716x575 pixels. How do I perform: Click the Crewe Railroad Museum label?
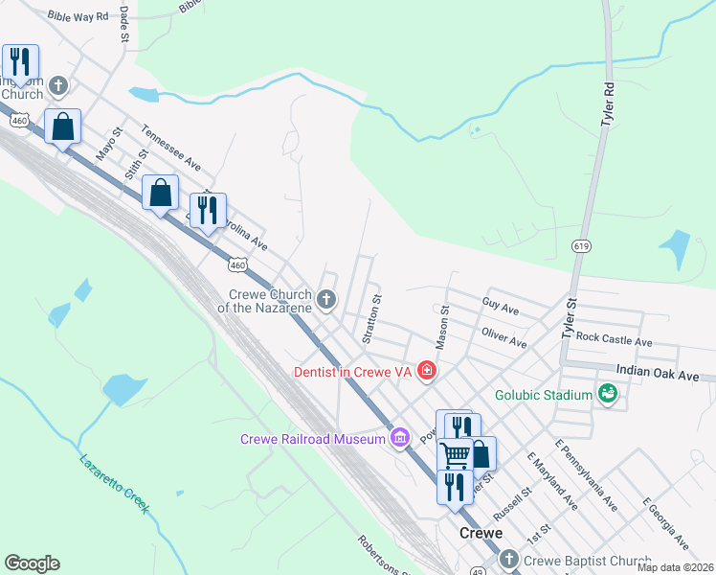(311, 439)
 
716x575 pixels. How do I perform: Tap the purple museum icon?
(400, 439)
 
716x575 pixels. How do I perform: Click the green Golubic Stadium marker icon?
(606, 393)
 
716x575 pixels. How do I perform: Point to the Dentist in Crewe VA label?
(353, 371)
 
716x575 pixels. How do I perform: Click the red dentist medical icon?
(427, 371)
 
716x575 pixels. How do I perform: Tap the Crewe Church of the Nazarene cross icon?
(326, 301)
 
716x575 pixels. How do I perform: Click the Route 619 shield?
(580, 246)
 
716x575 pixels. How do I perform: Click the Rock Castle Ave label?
(613, 340)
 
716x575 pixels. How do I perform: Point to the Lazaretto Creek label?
(114, 483)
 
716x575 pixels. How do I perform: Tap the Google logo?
(32, 563)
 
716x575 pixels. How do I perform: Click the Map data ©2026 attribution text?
(675, 567)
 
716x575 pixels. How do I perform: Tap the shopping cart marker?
(455, 453)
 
